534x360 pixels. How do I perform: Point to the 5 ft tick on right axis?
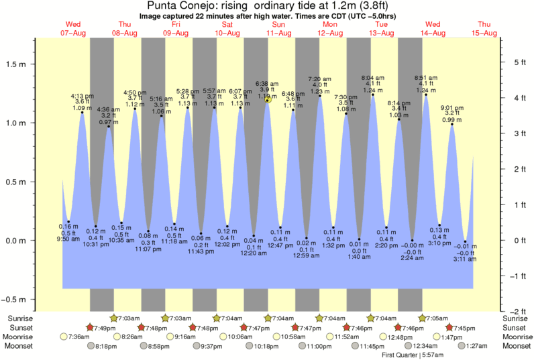point(515,62)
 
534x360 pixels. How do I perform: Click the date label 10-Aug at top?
point(227,33)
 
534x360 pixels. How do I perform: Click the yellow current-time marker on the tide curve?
point(268,99)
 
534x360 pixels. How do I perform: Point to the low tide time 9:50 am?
point(68,239)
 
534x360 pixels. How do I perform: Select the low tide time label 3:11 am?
point(465,258)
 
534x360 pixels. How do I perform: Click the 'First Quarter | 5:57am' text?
point(414,355)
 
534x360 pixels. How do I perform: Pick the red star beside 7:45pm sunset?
point(449,327)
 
